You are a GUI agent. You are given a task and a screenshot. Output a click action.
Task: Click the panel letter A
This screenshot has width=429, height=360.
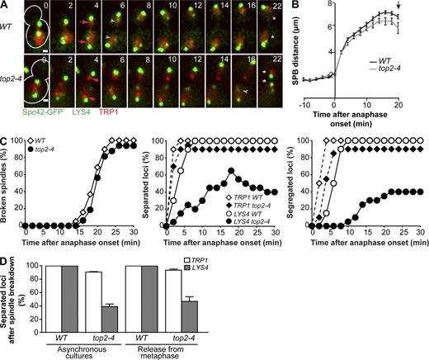pos(6,6)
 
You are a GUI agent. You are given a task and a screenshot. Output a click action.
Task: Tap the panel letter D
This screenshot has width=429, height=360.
pos(6,265)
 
